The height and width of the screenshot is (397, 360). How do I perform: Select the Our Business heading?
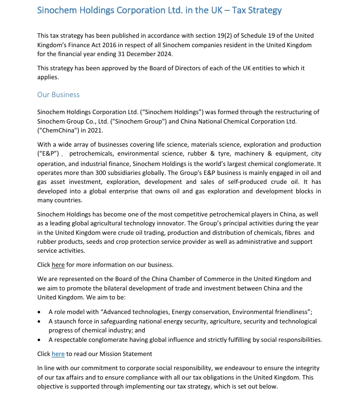(59, 95)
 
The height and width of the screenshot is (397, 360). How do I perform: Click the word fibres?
(292, 232)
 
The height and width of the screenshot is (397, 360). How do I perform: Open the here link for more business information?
(58, 265)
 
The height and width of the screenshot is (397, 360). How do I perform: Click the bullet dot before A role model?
(39, 312)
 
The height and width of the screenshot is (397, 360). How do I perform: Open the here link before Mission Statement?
(58, 354)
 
